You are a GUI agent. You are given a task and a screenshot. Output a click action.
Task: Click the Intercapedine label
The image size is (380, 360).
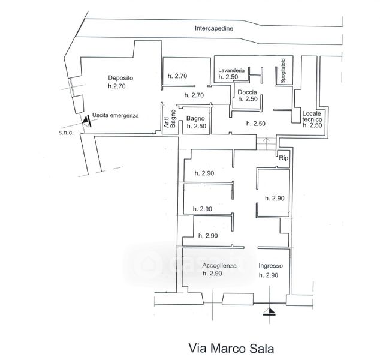214,28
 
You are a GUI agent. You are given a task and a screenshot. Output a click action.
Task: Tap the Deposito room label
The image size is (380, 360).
120,78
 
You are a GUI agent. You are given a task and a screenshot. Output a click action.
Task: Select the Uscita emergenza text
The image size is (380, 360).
115,115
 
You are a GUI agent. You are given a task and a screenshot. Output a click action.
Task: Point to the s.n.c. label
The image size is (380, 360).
66,133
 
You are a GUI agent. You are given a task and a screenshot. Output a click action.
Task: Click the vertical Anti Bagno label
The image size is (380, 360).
170,119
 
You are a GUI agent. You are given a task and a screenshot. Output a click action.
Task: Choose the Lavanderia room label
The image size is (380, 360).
231,70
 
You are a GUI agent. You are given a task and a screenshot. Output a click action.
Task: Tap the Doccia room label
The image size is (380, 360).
247,92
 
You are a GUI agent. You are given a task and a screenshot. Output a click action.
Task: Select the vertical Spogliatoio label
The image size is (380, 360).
282,71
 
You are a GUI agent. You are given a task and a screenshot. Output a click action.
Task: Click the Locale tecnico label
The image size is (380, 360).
312,116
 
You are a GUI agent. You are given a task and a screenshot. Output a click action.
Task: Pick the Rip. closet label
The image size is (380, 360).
284,158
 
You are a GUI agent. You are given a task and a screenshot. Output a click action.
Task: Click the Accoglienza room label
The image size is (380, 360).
219,266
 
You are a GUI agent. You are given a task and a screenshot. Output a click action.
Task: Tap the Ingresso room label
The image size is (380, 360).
270,266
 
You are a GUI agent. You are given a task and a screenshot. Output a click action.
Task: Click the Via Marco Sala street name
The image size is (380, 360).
231,348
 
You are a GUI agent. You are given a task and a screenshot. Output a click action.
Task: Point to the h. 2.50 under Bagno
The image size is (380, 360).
197,126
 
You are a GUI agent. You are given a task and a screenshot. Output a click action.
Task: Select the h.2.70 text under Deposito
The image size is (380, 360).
116,86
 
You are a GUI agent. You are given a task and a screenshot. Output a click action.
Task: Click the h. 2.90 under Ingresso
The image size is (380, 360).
269,275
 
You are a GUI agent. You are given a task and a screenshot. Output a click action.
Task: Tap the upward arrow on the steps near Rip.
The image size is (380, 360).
266,143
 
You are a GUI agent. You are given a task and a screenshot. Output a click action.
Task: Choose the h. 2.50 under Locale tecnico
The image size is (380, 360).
312,125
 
